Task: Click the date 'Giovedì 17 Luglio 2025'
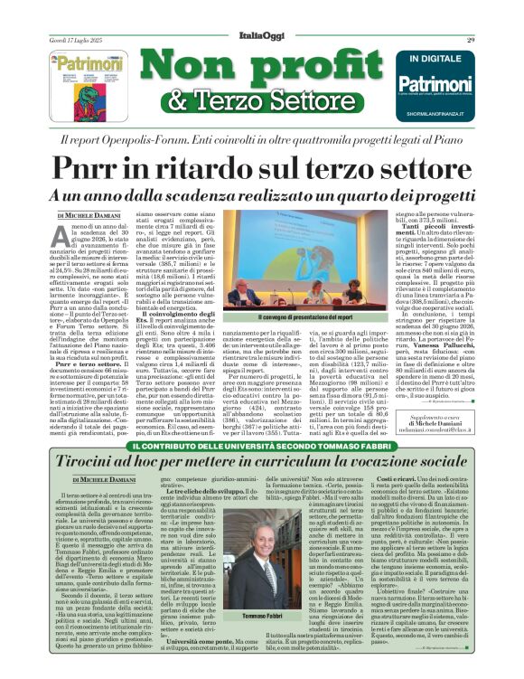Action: [77, 14]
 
